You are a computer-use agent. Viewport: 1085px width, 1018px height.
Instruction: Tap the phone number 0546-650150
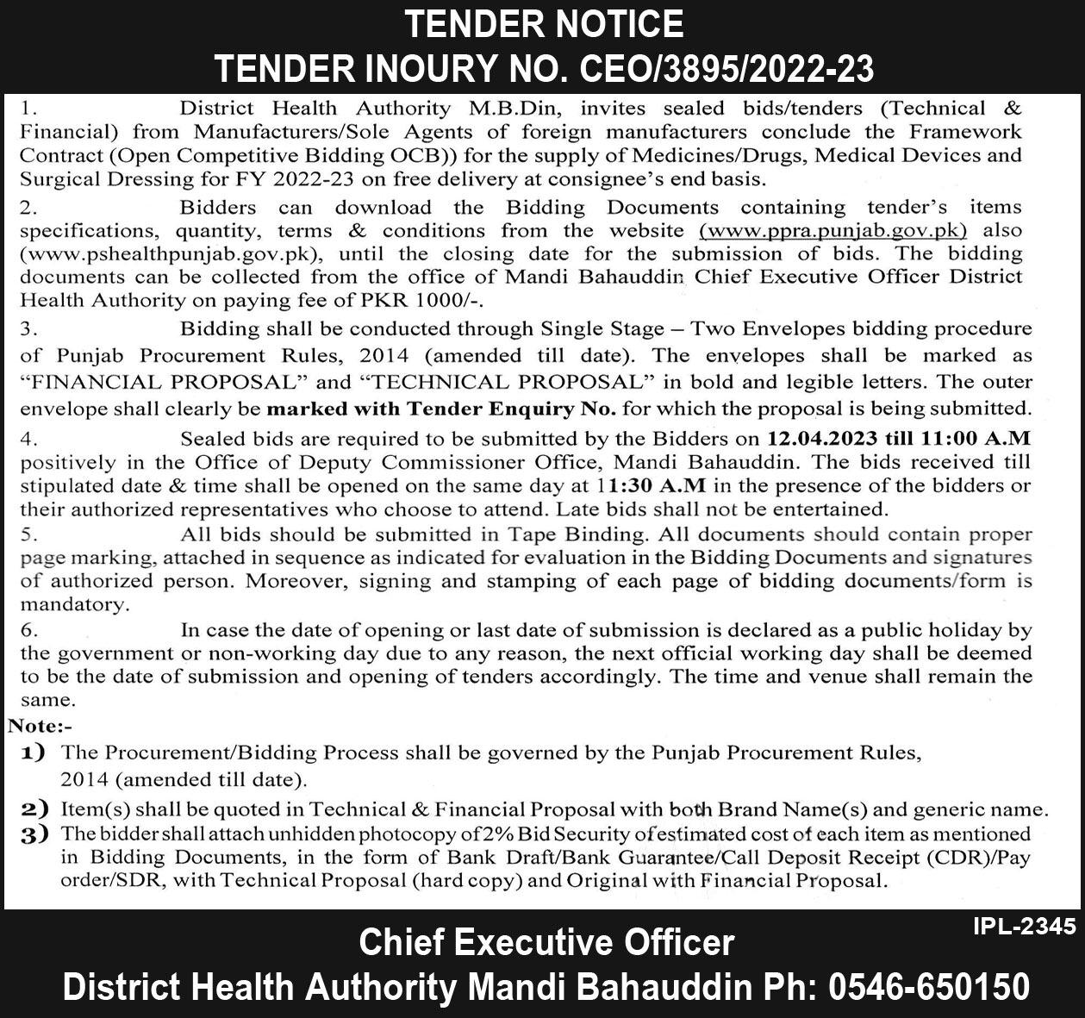(929, 986)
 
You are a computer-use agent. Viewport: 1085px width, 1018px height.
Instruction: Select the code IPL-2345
(1024, 927)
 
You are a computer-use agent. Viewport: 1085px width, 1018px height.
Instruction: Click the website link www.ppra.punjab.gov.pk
(833, 231)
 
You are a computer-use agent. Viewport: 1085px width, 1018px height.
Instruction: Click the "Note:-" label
(40, 726)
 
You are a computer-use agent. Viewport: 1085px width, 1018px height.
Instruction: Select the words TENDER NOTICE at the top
(543, 23)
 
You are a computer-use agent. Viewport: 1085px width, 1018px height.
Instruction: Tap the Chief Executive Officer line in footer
(546, 942)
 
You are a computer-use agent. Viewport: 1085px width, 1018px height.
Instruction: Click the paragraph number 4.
(29, 440)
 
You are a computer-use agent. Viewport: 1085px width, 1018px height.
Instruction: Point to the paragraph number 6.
(29, 631)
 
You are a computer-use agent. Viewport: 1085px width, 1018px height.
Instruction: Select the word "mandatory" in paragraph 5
(74, 605)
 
